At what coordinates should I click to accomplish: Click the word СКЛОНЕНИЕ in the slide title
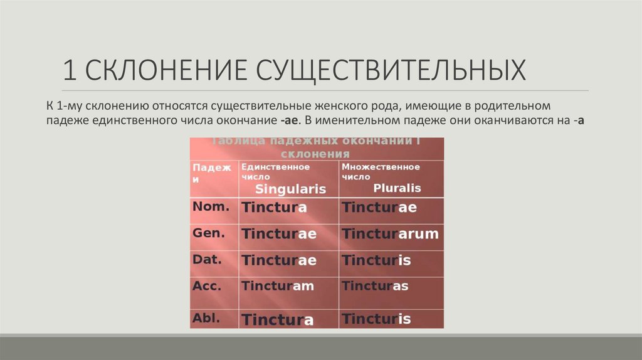pos(166,70)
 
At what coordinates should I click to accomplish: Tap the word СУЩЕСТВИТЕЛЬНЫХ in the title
pos(390,70)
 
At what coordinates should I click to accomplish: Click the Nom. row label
pos(206,206)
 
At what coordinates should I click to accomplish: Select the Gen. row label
pos(206,233)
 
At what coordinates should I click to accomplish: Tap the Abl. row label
pos(206,317)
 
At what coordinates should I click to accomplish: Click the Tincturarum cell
pos(390,234)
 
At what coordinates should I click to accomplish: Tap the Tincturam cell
pos(278,286)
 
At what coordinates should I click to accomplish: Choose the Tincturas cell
pos(376,286)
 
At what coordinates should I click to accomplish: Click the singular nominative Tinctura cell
pos(275,208)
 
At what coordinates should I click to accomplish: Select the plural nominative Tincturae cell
pos(379,208)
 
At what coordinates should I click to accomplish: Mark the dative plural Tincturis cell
pos(377,260)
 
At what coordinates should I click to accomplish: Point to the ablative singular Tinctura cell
pos(278,320)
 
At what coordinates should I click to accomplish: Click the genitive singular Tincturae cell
pos(279,234)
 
